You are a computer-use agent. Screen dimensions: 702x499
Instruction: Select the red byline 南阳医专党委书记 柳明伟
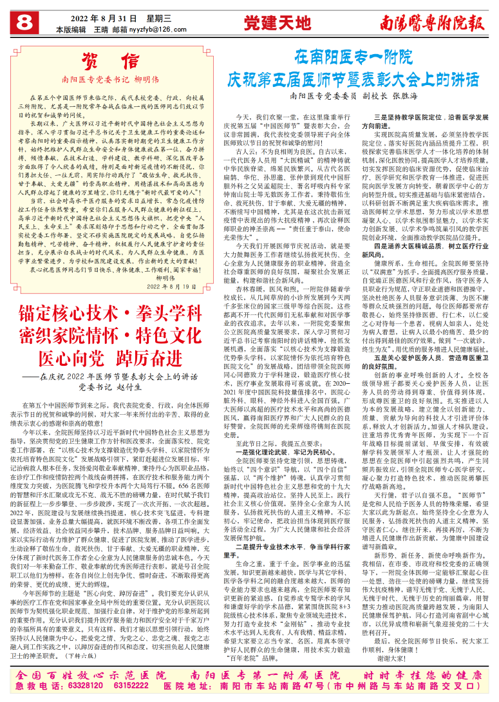click(x=111, y=81)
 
